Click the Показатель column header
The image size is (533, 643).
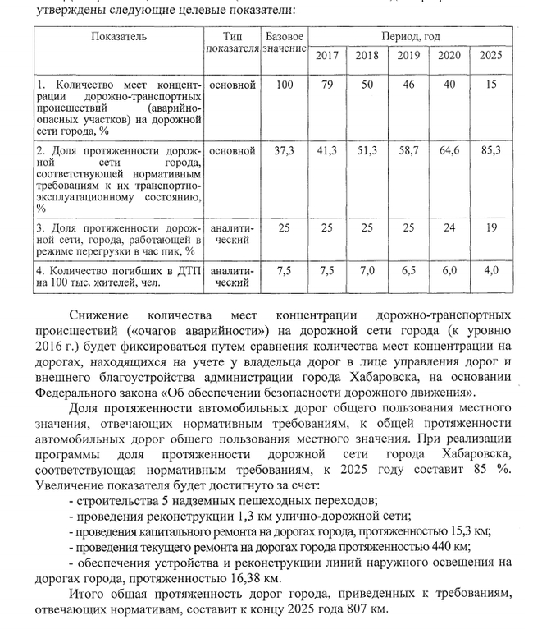pyautogui.click(x=118, y=37)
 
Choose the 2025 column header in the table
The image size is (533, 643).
pyautogui.click(x=490, y=55)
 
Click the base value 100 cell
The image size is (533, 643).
pyautogui.click(x=285, y=85)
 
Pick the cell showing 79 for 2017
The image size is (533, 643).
pyautogui.click(x=327, y=85)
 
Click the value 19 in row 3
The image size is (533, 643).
pyautogui.click(x=490, y=227)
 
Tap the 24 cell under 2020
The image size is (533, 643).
pyautogui.click(x=449, y=227)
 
